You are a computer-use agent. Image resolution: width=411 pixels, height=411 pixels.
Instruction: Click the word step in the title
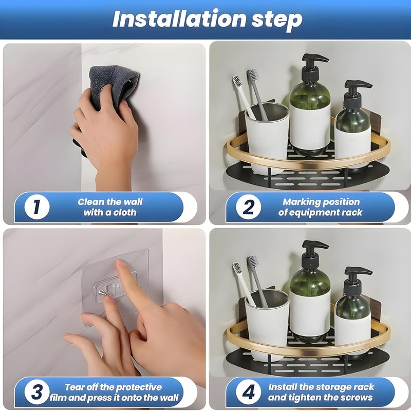[277, 20]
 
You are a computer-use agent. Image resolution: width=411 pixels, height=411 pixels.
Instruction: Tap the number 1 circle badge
[37, 207]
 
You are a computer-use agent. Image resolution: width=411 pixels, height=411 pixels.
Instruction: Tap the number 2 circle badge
[248, 207]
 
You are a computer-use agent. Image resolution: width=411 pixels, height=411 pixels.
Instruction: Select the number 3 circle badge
[37, 392]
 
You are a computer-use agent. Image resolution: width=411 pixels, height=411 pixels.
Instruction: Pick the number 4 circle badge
[248, 392]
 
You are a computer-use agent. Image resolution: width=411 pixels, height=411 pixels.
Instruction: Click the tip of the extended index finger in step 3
[120, 263]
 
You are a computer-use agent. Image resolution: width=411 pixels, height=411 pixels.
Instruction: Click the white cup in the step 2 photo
[267, 138]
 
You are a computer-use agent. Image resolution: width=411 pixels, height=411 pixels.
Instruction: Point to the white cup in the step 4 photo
[267, 325]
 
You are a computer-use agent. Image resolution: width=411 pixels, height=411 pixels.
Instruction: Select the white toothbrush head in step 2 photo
[237, 82]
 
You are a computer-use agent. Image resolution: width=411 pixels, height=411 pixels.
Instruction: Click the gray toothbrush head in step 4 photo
[253, 262]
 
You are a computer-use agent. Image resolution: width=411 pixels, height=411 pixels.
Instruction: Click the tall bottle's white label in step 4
[310, 313]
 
